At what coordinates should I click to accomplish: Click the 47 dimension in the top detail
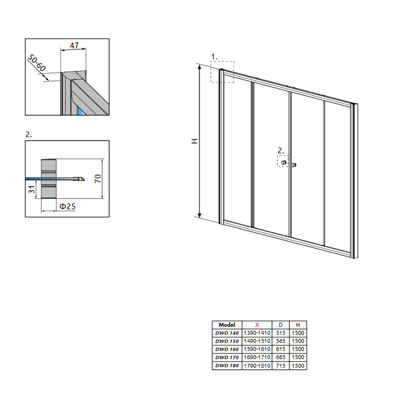click(74, 46)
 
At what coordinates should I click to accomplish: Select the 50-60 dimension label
click(37, 63)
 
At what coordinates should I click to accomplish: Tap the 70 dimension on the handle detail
click(98, 178)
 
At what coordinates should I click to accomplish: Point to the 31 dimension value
click(32, 190)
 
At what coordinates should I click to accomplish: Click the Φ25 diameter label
click(67, 206)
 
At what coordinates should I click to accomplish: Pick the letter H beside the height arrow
click(195, 141)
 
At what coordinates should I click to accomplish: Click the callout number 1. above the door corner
click(214, 56)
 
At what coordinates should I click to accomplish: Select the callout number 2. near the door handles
click(281, 150)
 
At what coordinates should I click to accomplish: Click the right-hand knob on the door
click(294, 165)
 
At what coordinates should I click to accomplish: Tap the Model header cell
click(227, 325)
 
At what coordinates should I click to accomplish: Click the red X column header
click(257, 325)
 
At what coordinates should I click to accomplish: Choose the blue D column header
click(280, 325)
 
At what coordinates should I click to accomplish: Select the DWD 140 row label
click(227, 333)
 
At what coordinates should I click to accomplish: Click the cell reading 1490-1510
click(257, 341)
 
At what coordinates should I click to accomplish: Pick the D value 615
click(280, 349)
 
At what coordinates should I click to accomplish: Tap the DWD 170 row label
click(227, 357)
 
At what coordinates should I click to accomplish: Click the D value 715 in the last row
click(280, 365)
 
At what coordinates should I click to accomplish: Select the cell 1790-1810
click(257, 365)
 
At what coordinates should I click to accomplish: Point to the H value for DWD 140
click(298, 333)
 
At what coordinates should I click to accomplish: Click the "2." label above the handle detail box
click(28, 134)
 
